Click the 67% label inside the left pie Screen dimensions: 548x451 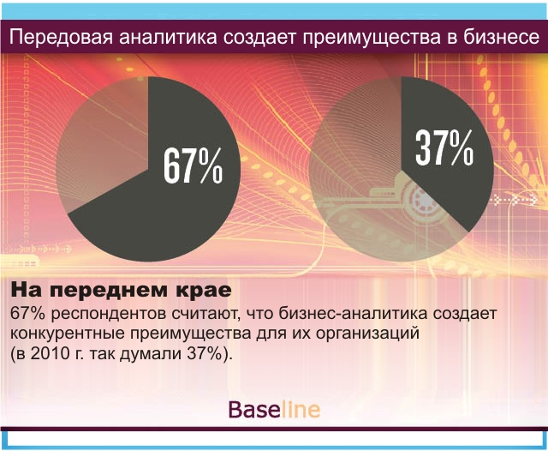point(194,165)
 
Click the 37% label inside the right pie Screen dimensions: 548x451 point(444,147)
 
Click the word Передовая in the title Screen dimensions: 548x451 point(61,38)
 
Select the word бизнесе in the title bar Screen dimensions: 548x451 point(502,37)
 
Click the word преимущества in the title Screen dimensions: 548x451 point(372,38)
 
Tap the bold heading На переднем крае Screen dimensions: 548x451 point(122,290)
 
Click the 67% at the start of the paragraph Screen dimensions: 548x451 point(28,314)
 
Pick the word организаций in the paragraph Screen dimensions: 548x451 point(367,334)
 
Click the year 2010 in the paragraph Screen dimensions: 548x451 point(51,354)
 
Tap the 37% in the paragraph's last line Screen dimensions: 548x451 point(205,354)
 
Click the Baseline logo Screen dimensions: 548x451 point(274,409)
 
